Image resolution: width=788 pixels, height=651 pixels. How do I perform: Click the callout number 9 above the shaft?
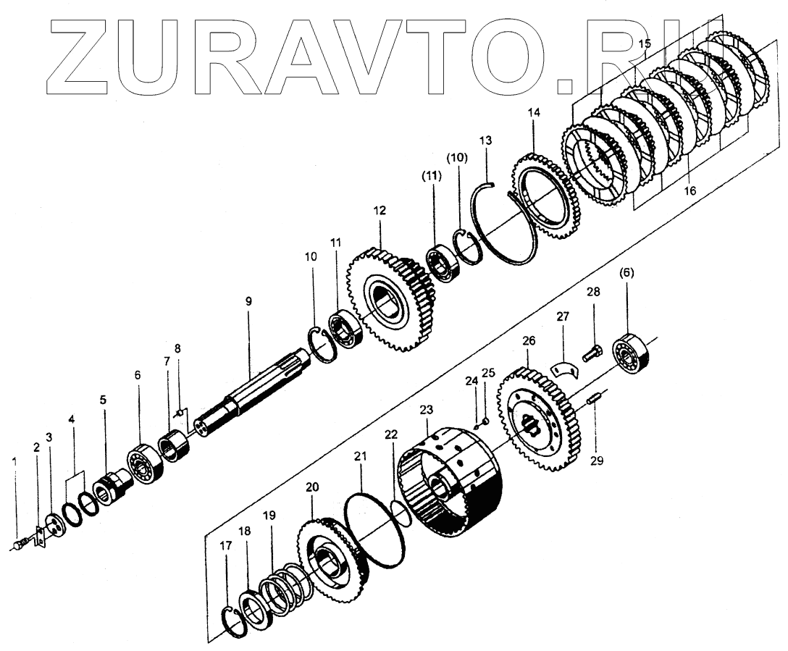tap(248, 300)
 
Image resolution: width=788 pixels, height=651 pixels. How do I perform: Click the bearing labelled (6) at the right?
tap(629, 354)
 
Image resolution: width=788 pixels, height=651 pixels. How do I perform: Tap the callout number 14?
tap(534, 113)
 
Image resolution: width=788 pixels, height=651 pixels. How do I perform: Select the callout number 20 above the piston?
tap(312, 487)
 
